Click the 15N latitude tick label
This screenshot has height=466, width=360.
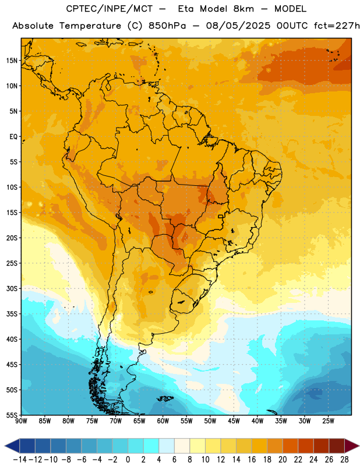coord(12,61)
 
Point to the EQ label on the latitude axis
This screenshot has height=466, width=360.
coord(13,137)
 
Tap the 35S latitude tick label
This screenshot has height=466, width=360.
coord(12,314)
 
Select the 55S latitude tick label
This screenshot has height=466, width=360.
coord(12,415)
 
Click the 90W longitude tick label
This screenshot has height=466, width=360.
coord(21,421)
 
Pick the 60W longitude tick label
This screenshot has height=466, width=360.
coord(163,421)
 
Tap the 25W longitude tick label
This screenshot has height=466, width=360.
coord(328,421)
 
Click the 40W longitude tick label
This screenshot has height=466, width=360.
coord(257,421)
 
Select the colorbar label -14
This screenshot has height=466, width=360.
coord(20,460)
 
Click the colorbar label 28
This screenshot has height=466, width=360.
coord(344,460)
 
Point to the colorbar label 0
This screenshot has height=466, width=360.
coord(128,460)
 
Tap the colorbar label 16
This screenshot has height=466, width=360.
coord(252,460)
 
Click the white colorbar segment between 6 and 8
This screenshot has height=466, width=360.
coord(182,446)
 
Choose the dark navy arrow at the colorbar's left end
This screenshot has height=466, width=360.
coord(12,446)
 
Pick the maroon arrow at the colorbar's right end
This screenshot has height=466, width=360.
coord(352,446)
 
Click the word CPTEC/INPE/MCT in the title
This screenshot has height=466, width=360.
coord(109,9)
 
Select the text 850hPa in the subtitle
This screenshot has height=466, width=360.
coord(167,26)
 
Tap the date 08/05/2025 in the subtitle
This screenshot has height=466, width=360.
coord(238,26)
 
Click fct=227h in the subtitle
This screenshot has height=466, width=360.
coord(337,26)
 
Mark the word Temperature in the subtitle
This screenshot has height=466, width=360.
coord(90,26)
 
